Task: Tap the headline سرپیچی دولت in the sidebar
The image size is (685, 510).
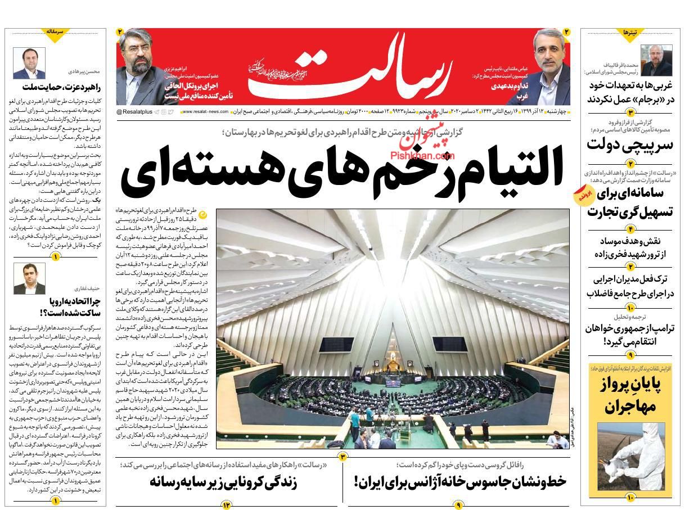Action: tap(630, 145)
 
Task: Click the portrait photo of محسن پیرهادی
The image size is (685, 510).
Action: tap(30, 64)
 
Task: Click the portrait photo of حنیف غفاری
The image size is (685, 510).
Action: tap(30, 278)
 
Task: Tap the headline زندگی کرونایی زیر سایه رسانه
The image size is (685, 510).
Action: tap(223, 482)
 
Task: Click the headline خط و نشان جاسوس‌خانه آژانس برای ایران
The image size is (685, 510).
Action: tap(460, 482)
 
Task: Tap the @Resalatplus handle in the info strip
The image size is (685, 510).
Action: tap(135, 112)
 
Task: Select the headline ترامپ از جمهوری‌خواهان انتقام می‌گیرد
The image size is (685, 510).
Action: tap(630, 334)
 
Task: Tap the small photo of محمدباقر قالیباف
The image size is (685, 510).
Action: tap(657, 61)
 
